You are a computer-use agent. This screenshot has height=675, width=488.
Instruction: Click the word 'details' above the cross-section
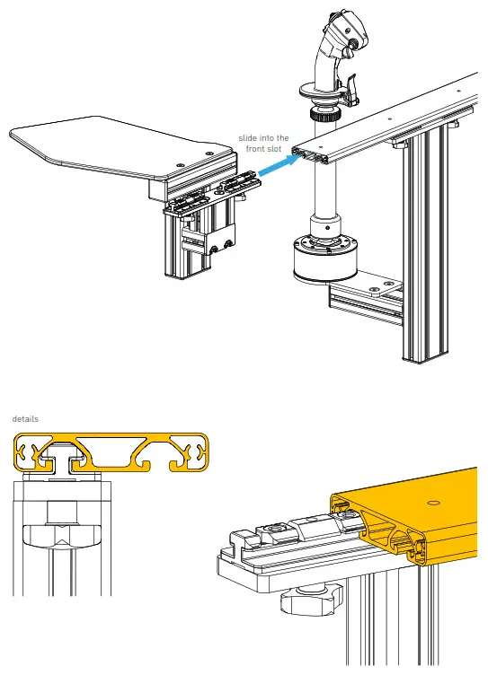(x=25, y=419)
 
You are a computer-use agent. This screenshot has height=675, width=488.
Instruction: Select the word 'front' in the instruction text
(x=255, y=148)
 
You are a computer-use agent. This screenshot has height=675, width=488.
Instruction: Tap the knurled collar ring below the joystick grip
(x=322, y=115)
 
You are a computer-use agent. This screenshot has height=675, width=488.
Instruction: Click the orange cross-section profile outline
(x=111, y=452)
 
